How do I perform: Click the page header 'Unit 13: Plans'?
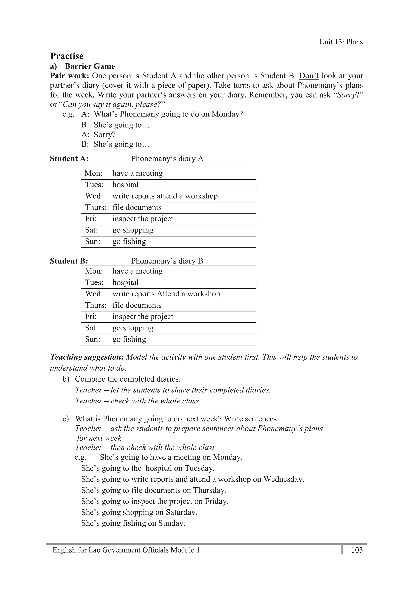coord(341,42)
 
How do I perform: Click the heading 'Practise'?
coord(67,56)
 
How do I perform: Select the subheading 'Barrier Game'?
coord(90,66)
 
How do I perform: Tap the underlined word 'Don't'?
coord(309,76)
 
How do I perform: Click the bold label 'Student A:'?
coord(69,159)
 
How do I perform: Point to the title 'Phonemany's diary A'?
coord(167,159)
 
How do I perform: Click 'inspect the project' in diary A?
coord(143,219)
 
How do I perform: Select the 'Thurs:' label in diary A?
coord(96,208)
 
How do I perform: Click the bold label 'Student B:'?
coord(69,261)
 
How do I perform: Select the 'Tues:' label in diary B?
coord(94,283)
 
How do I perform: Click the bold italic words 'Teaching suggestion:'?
coord(87,357)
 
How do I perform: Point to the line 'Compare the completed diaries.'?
coord(128,379)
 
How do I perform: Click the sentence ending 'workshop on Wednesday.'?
coord(192,479)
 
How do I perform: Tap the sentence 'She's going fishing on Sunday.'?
coord(133,523)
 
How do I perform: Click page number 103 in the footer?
coord(357,550)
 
